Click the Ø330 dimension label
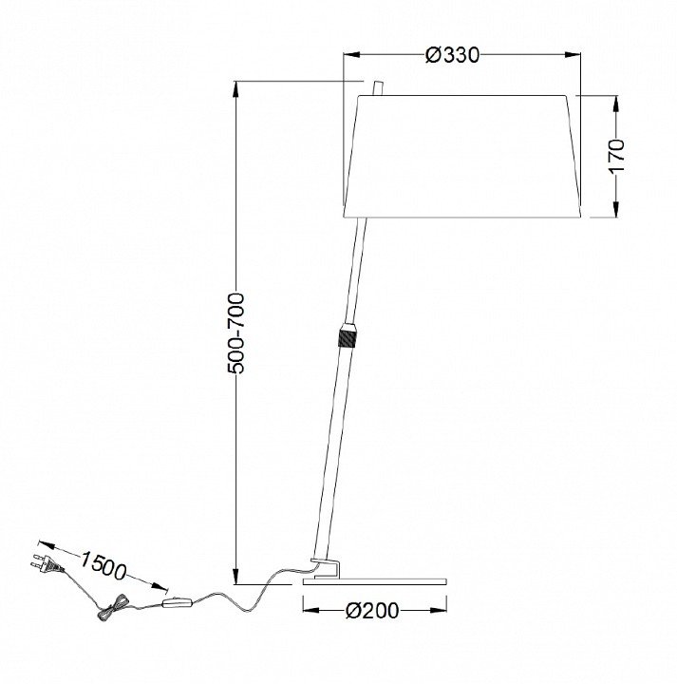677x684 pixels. [x=452, y=55]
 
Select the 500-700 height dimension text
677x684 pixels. [x=235, y=333]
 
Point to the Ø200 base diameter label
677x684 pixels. [x=372, y=611]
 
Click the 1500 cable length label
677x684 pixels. [x=103, y=566]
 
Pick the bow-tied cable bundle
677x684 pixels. [x=112, y=606]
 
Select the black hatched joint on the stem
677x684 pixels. [x=348, y=338]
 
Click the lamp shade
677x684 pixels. [x=462, y=156]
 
